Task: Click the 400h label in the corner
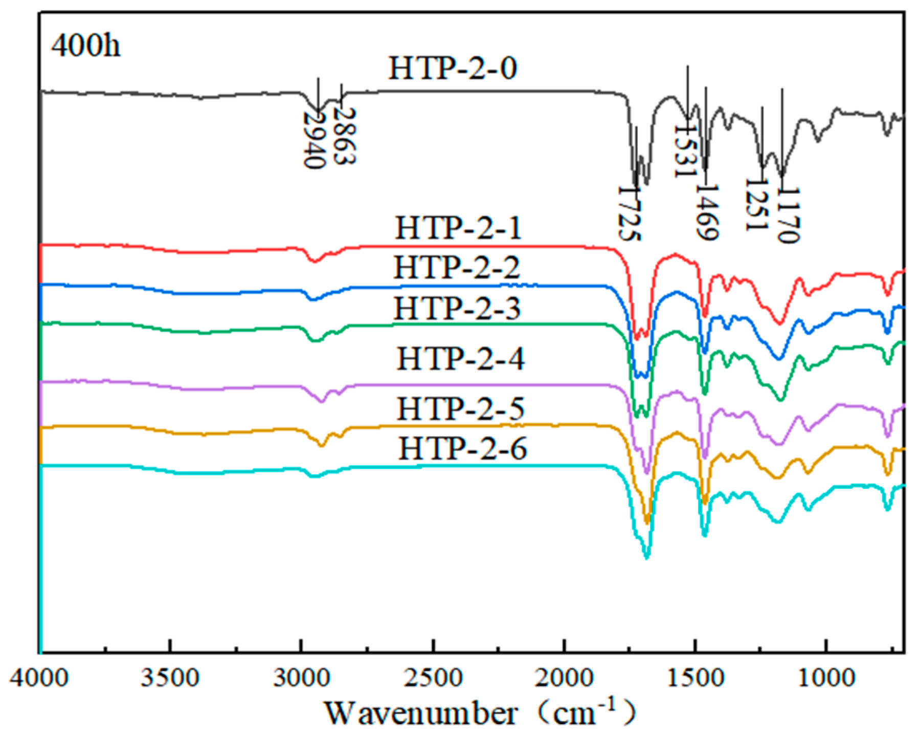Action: point(85,46)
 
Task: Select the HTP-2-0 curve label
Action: point(453,68)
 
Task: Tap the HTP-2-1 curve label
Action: point(458,228)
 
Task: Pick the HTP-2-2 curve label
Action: point(457,268)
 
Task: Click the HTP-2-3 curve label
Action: point(457,309)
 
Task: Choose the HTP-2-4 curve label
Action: point(461,359)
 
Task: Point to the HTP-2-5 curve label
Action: point(461,409)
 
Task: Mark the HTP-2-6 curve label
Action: point(462,449)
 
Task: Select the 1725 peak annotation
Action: point(629,213)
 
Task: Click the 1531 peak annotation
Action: point(685,150)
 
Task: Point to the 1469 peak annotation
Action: point(707,212)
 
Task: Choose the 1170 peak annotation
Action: point(787,215)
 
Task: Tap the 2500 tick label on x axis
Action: point(433,679)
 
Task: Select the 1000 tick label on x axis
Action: point(825,679)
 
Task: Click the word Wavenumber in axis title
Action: point(420,713)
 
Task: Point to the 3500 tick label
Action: point(170,679)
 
